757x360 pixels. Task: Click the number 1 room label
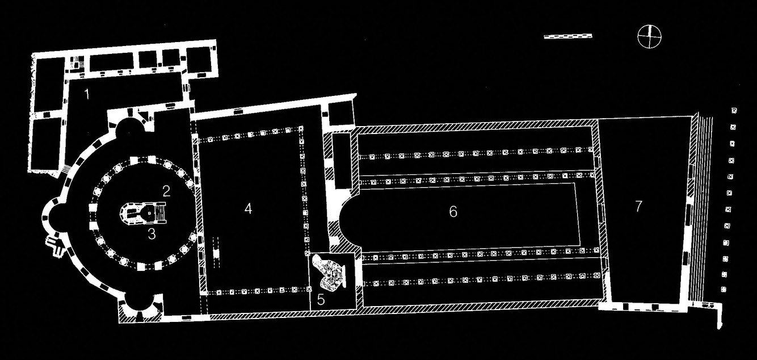[x=87, y=94]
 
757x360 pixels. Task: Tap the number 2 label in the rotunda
[x=166, y=191]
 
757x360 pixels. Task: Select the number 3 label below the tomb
[x=152, y=233]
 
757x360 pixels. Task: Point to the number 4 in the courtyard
[x=248, y=208]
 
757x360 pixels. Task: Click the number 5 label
[x=321, y=300]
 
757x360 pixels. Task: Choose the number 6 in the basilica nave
[x=453, y=212]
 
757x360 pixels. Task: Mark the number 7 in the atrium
[x=638, y=206]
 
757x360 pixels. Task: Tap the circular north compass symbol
[x=649, y=37]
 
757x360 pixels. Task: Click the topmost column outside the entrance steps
[x=734, y=110]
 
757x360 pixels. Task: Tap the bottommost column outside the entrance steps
[x=724, y=290]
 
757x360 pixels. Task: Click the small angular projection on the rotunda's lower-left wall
[x=55, y=244]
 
